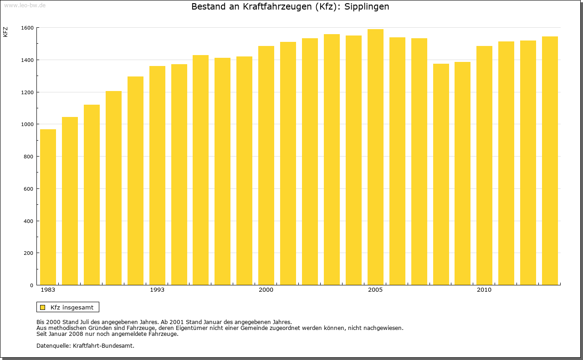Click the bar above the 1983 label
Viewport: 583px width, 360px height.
coord(48,207)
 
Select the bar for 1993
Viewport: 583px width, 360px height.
coord(157,175)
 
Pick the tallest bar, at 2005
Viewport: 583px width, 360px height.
coord(375,157)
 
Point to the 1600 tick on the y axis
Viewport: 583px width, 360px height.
coord(27,28)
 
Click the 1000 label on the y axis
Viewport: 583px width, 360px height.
coord(27,124)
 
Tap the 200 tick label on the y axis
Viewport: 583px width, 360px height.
coord(28,253)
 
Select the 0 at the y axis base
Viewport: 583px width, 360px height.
coord(31,285)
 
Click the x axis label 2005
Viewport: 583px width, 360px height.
coord(375,290)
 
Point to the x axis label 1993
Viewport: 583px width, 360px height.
coord(157,290)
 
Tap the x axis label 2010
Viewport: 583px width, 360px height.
coord(484,290)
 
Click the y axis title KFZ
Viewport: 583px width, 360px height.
coord(5,32)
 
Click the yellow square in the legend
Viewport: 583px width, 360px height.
coord(42,307)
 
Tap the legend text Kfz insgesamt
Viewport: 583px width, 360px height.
coord(72,307)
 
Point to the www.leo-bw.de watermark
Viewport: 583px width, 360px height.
coord(24,5)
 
